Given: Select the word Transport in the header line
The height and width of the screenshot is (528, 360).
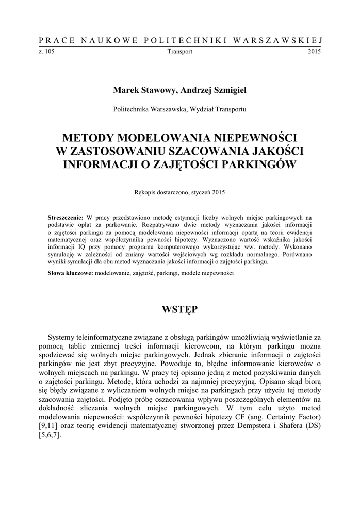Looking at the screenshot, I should pos(180,52).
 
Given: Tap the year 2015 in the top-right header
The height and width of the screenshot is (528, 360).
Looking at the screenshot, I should pos(315,52).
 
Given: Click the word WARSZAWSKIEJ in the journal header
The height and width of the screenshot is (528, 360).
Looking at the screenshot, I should pos(279,40).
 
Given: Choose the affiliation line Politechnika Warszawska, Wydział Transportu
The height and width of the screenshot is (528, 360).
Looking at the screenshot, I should pos(179,109).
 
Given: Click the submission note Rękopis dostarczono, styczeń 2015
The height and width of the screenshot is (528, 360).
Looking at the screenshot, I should pos(179,192).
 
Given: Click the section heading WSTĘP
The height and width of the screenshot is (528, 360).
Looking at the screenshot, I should pos(179,309).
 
